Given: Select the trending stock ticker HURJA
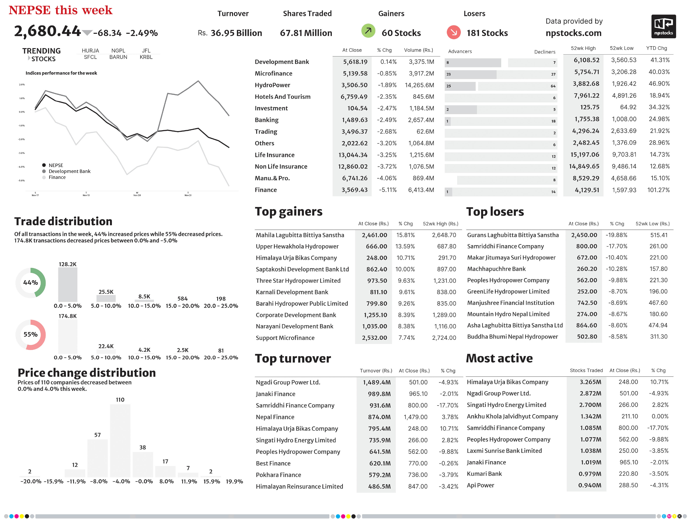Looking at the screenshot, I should (90, 51).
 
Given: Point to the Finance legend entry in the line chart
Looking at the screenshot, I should (57, 177).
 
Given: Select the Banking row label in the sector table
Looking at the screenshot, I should (266, 120).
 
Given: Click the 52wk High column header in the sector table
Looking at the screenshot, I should (583, 48).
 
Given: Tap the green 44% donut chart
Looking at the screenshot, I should (31, 283).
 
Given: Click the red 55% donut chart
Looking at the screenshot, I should (31, 335).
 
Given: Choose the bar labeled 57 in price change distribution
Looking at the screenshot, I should (97, 458).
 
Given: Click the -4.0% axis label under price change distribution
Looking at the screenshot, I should (121, 481).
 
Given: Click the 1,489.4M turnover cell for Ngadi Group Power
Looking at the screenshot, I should (376, 382).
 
